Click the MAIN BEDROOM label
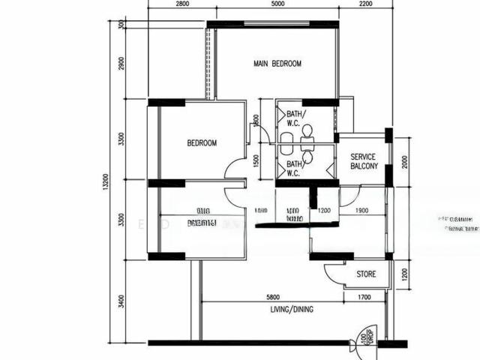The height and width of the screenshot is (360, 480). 277,64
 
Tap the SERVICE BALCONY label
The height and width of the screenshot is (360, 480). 367,161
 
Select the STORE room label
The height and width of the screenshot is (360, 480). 366,274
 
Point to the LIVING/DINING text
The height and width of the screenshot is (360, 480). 292,309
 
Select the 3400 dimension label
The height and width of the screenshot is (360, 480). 122,302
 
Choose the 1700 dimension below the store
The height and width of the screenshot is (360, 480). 364,297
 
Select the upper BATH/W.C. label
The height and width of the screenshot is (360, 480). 295,118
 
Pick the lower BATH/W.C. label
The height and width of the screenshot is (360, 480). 294,167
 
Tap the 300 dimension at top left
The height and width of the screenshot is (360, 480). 122,25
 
